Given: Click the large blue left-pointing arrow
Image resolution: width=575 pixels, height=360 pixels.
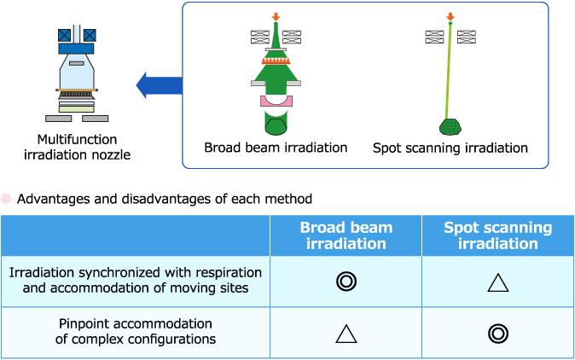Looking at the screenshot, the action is click(159, 85).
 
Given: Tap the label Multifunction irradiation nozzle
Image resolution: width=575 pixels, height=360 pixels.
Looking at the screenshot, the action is click(77, 147).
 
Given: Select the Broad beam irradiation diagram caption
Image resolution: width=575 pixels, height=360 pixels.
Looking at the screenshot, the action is click(276, 148).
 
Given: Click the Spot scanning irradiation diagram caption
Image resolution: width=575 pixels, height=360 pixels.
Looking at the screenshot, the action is click(450, 148).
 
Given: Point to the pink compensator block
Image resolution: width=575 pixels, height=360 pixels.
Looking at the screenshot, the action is click(276, 102).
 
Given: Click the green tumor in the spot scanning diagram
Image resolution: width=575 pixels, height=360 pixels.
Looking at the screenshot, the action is click(450, 127).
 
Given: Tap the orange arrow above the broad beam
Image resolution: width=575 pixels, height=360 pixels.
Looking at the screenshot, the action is click(276, 16).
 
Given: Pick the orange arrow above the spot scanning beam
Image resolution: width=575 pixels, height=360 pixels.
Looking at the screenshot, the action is click(450, 16).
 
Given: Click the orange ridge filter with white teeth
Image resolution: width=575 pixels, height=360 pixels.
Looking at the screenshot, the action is click(276, 61).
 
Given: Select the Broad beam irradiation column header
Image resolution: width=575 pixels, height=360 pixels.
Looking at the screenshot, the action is click(346, 235).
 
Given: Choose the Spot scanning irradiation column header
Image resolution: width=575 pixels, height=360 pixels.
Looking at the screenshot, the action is click(498, 235).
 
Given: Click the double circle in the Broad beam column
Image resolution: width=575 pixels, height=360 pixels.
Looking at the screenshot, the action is click(346, 282).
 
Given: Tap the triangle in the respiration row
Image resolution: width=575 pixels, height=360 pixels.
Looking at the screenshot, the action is click(498, 282).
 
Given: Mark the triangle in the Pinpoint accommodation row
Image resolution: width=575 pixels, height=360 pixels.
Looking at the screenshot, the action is click(346, 334).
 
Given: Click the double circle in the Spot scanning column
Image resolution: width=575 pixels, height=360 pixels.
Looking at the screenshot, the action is click(498, 334).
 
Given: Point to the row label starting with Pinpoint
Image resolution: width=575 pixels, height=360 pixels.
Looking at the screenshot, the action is click(136, 331).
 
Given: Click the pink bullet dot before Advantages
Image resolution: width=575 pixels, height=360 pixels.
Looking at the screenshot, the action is click(6, 199).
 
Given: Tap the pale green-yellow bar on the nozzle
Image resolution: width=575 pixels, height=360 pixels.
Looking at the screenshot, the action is click(77, 109).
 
